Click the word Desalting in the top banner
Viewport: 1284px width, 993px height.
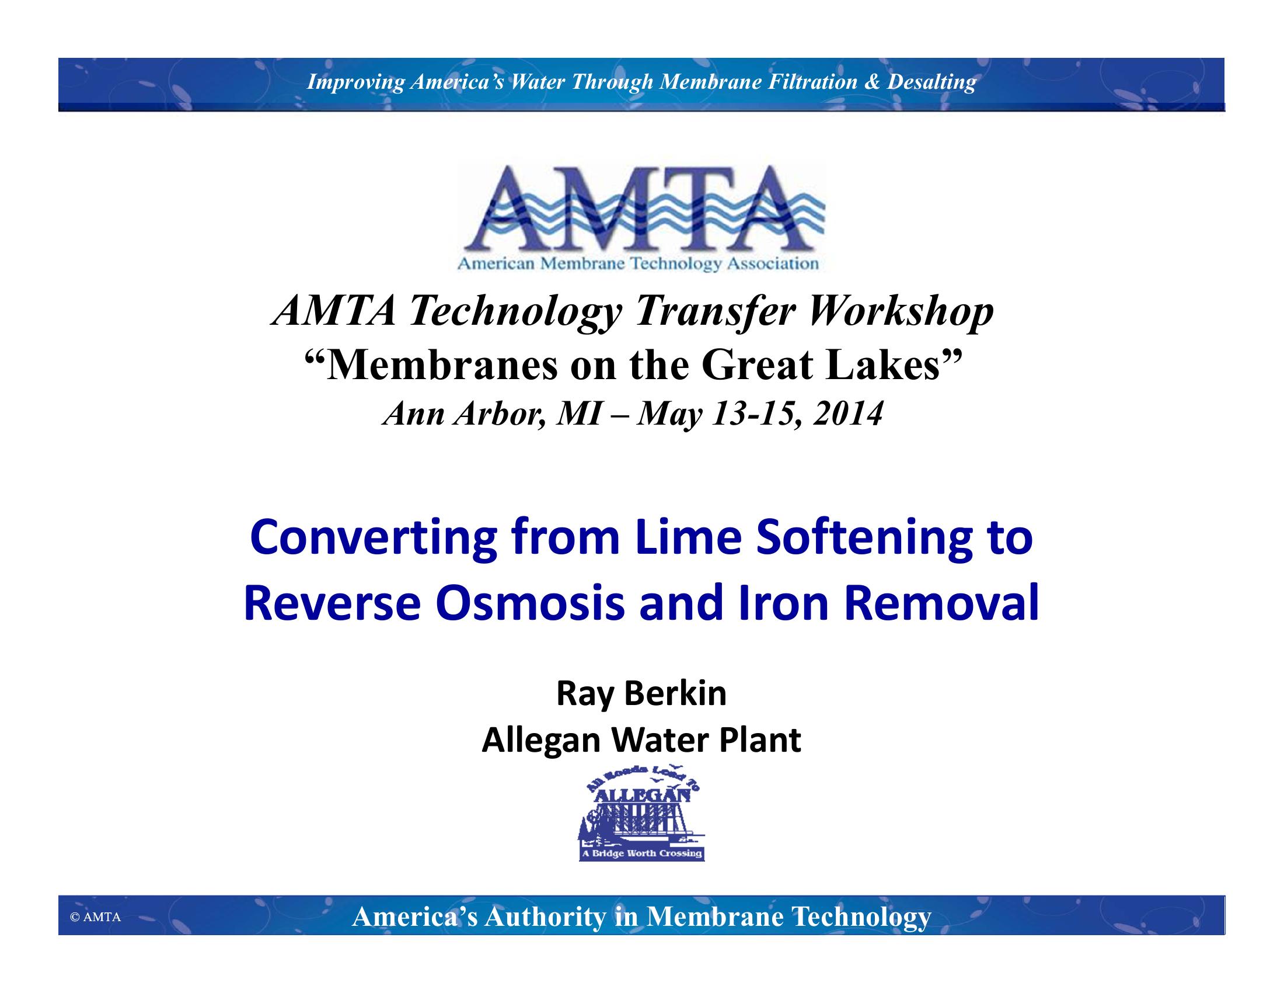(x=931, y=82)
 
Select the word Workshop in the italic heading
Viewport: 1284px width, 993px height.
(x=901, y=311)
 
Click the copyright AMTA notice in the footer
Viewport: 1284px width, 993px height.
(x=95, y=916)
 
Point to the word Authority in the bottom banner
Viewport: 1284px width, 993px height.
(x=545, y=916)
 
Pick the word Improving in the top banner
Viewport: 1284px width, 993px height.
(x=355, y=82)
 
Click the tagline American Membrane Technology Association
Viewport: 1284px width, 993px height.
(x=638, y=263)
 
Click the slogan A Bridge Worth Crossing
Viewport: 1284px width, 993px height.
(x=641, y=853)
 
